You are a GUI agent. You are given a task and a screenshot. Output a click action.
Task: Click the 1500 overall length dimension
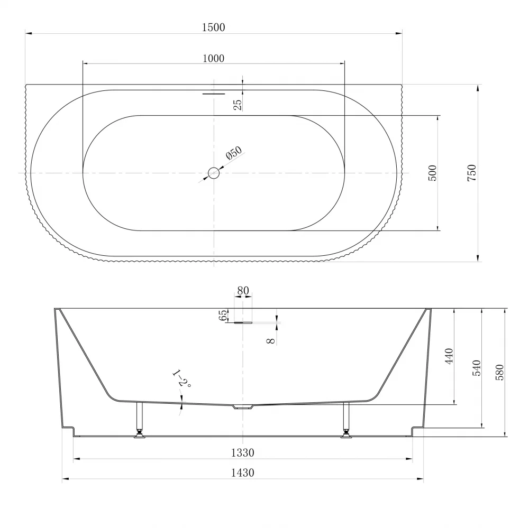click(x=213, y=27)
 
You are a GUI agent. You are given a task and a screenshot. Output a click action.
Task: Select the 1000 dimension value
click(x=213, y=59)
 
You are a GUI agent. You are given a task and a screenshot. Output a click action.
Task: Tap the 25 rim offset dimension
click(x=238, y=105)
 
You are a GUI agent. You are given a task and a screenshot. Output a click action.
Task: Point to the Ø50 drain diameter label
click(x=234, y=153)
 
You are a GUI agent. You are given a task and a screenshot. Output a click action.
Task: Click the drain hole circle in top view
click(x=214, y=173)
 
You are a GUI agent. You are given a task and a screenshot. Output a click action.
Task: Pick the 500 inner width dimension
click(x=432, y=173)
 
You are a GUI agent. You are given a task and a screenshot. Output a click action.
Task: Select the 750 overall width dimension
click(x=472, y=173)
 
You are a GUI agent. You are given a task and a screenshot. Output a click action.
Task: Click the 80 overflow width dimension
click(x=243, y=290)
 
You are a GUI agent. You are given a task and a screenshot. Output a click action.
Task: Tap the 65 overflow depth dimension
click(x=223, y=316)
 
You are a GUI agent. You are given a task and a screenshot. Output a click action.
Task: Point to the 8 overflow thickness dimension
click(x=270, y=341)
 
